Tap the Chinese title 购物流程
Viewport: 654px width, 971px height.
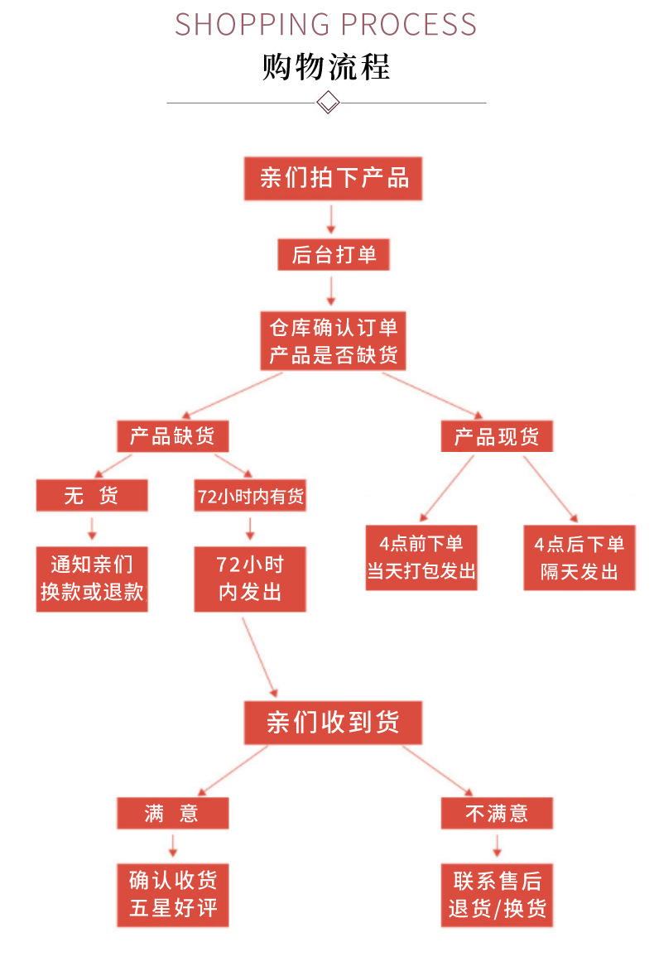point(326,67)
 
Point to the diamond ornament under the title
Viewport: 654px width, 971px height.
point(329,103)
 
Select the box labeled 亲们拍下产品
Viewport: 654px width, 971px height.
point(333,178)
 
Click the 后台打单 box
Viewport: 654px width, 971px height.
point(333,255)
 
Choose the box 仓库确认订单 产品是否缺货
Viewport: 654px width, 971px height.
point(333,340)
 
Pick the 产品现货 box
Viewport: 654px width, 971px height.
point(496,436)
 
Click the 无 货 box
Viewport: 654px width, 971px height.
point(92,496)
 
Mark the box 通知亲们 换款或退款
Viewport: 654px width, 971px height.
point(92,579)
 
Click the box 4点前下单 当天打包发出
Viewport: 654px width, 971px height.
point(421,557)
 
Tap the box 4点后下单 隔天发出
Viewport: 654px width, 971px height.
point(579,557)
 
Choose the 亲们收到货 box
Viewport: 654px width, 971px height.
point(333,722)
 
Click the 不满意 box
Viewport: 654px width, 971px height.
point(496,813)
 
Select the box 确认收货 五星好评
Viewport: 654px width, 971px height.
point(172,893)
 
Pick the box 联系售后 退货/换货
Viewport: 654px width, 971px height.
point(497,893)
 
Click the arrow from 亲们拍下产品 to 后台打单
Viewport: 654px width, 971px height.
point(331,219)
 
